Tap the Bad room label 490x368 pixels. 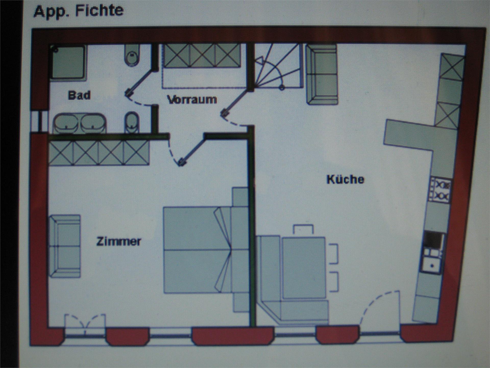point(79,95)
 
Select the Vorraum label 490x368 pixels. point(192,99)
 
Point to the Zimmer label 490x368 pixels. point(119,241)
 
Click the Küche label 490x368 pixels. point(345,179)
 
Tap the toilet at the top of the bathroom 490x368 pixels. point(132,55)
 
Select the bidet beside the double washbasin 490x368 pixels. point(132,123)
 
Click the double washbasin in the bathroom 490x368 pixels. point(79,123)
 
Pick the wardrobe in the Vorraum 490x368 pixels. point(202,56)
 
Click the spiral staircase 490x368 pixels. point(277,66)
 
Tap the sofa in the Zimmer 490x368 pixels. point(65,246)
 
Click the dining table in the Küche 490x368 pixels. point(304,268)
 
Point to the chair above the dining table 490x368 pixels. point(303,229)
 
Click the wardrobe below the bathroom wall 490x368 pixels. point(99,153)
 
